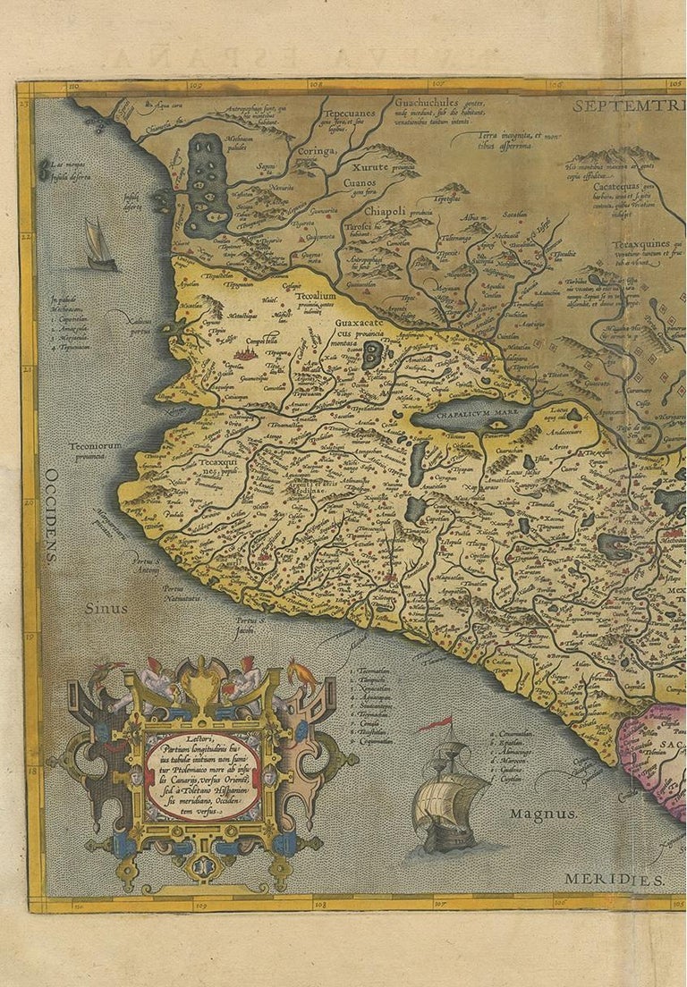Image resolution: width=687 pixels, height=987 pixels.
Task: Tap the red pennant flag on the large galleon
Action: pyautogui.click(x=436, y=724)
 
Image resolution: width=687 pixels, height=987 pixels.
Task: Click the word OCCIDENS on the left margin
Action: pyautogui.click(x=52, y=515)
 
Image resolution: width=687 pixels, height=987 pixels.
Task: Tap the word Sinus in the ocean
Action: pyautogui.click(x=106, y=607)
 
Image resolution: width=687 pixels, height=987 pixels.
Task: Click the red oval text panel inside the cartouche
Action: pyautogui.click(x=202, y=776)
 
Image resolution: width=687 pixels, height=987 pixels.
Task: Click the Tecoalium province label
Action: pyautogui.click(x=316, y=296)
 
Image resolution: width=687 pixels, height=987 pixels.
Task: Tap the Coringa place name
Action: pyautogui.click(x=316, y=152)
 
